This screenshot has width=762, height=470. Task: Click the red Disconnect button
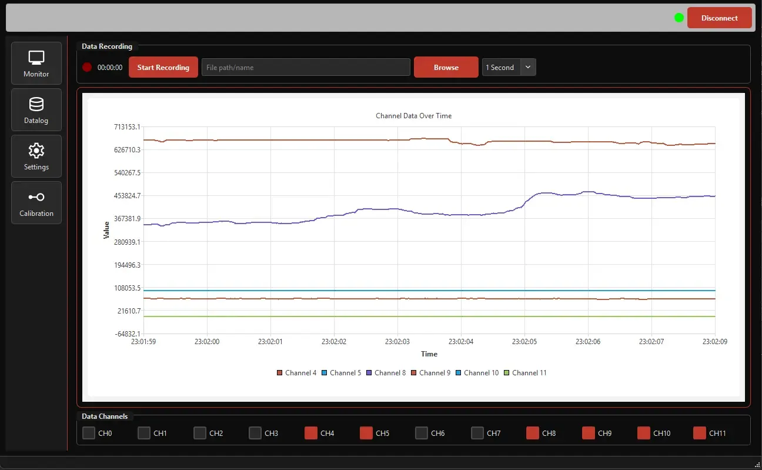(x=719, y=18)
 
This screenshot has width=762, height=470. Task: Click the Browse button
(x=446, y=67)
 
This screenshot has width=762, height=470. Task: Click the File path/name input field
(x=306, y=67)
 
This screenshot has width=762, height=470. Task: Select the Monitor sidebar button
(x=36, y=63)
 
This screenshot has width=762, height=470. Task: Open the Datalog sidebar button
(x=36, y=109)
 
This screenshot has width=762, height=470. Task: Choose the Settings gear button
(x=36, y=156)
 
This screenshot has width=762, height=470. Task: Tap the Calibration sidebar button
(x=36, y=202)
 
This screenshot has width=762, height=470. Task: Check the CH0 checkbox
(x=89, y=433)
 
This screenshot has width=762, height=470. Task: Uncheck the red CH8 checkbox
(x=533, y=433)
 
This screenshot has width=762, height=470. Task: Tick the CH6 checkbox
(x=422, y=433)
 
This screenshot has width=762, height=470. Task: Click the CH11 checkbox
(x=700, y=433)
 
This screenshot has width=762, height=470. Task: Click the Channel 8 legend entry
(x=386, y=373)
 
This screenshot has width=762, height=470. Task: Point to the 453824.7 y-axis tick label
(x=128, y=196)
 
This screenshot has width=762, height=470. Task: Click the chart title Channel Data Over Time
(x=413, y=116)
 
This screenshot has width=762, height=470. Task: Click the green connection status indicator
(x=679, y=18)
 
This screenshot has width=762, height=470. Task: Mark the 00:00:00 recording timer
(x=110, y=68)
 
